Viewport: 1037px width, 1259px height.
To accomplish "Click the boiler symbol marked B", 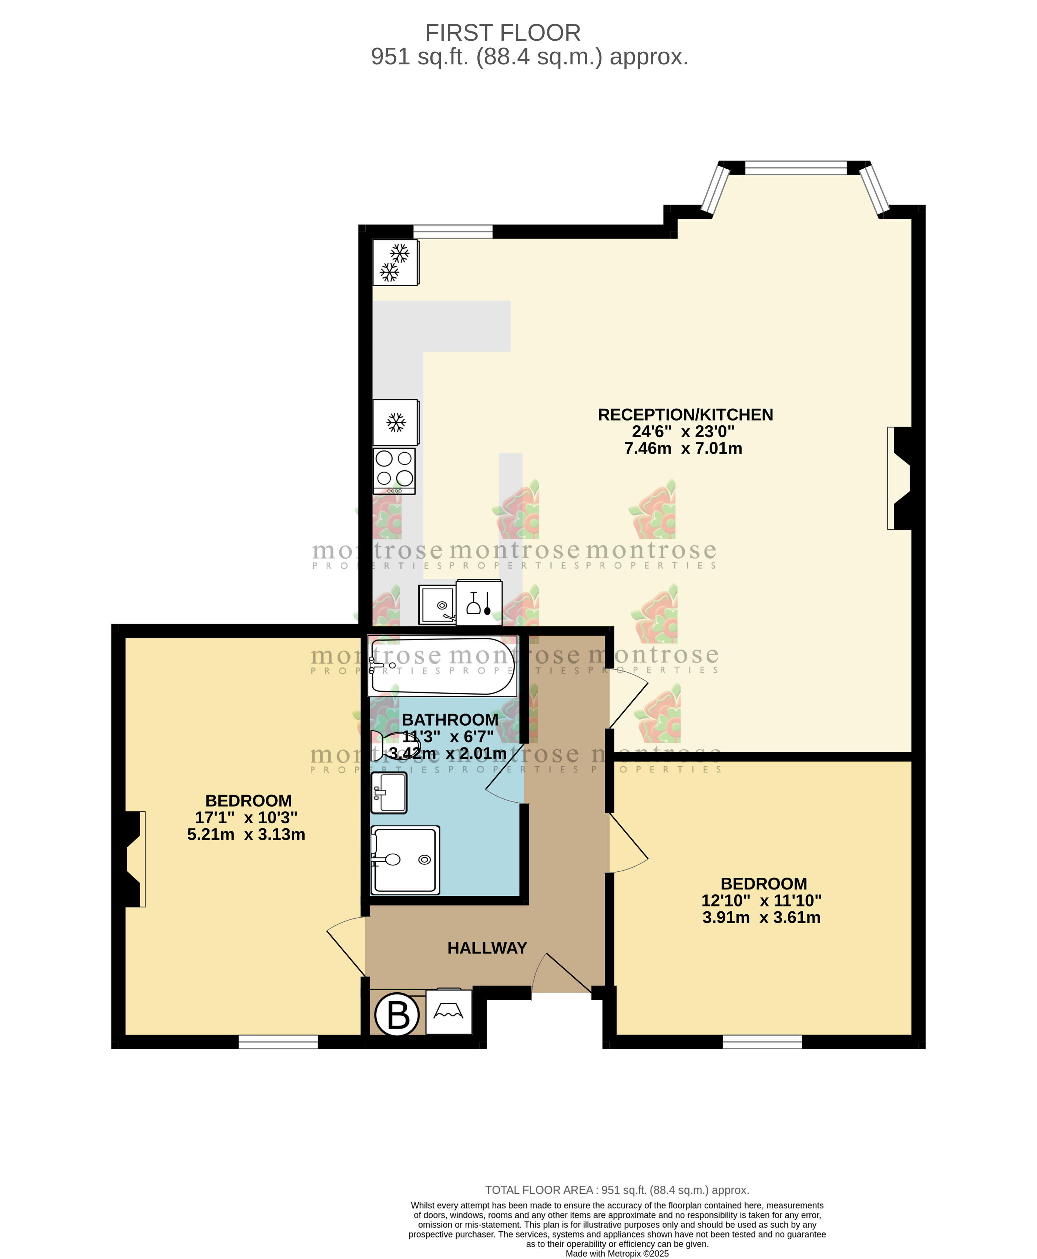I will tap(397, 1014).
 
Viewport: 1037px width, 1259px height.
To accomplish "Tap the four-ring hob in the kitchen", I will tap(394, 470).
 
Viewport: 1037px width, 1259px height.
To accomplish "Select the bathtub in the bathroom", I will tap(442, 666).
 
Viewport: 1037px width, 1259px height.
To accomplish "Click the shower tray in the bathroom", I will tap(405, 860).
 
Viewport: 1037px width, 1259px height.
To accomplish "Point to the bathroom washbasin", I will tap(389, 793).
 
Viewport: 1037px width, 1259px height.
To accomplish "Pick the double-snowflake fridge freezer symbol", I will tap(395, 263).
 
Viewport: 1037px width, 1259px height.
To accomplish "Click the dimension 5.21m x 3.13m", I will tap(246, 834).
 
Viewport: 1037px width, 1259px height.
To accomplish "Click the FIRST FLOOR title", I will tap(502, 33).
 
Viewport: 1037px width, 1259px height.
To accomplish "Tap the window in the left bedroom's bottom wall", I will tap(278, 1042).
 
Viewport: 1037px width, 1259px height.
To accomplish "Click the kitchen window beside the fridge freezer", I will tap(453, 232).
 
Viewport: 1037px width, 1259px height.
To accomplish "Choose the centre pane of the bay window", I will tap(796, 168).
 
